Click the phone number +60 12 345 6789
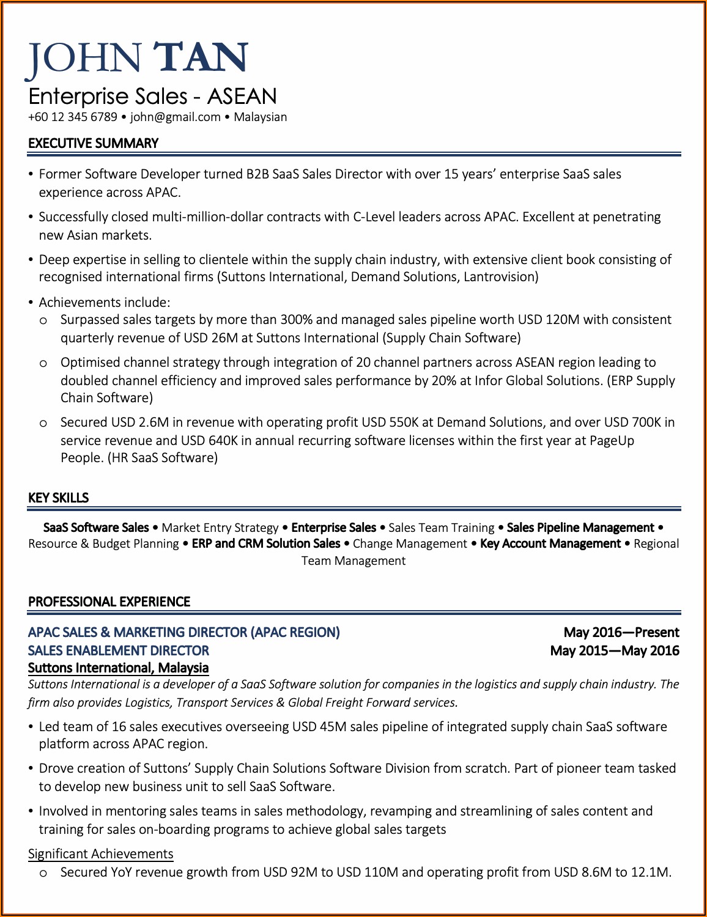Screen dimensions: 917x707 (73, 117)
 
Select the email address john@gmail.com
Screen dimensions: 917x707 (176, 117)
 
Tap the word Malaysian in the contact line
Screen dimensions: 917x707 (260, 117)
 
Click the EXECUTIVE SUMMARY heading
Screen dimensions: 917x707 (93, 143)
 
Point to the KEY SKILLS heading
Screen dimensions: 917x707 (58, 498)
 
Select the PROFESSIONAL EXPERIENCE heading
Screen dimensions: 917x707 (109, 602)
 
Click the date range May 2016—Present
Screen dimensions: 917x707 (621, 632)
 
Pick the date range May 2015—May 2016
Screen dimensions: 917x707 (614, 650)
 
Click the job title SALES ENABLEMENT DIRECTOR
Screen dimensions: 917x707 (119, 650)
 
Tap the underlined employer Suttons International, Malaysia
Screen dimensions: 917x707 (118, 668)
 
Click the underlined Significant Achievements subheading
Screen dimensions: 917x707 (100, 853)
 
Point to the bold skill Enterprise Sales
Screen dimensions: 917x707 (333, 528)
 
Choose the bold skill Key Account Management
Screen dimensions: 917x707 (550, 543)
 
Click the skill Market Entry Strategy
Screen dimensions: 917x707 (220, 528)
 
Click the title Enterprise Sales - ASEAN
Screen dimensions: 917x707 (152, 97)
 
